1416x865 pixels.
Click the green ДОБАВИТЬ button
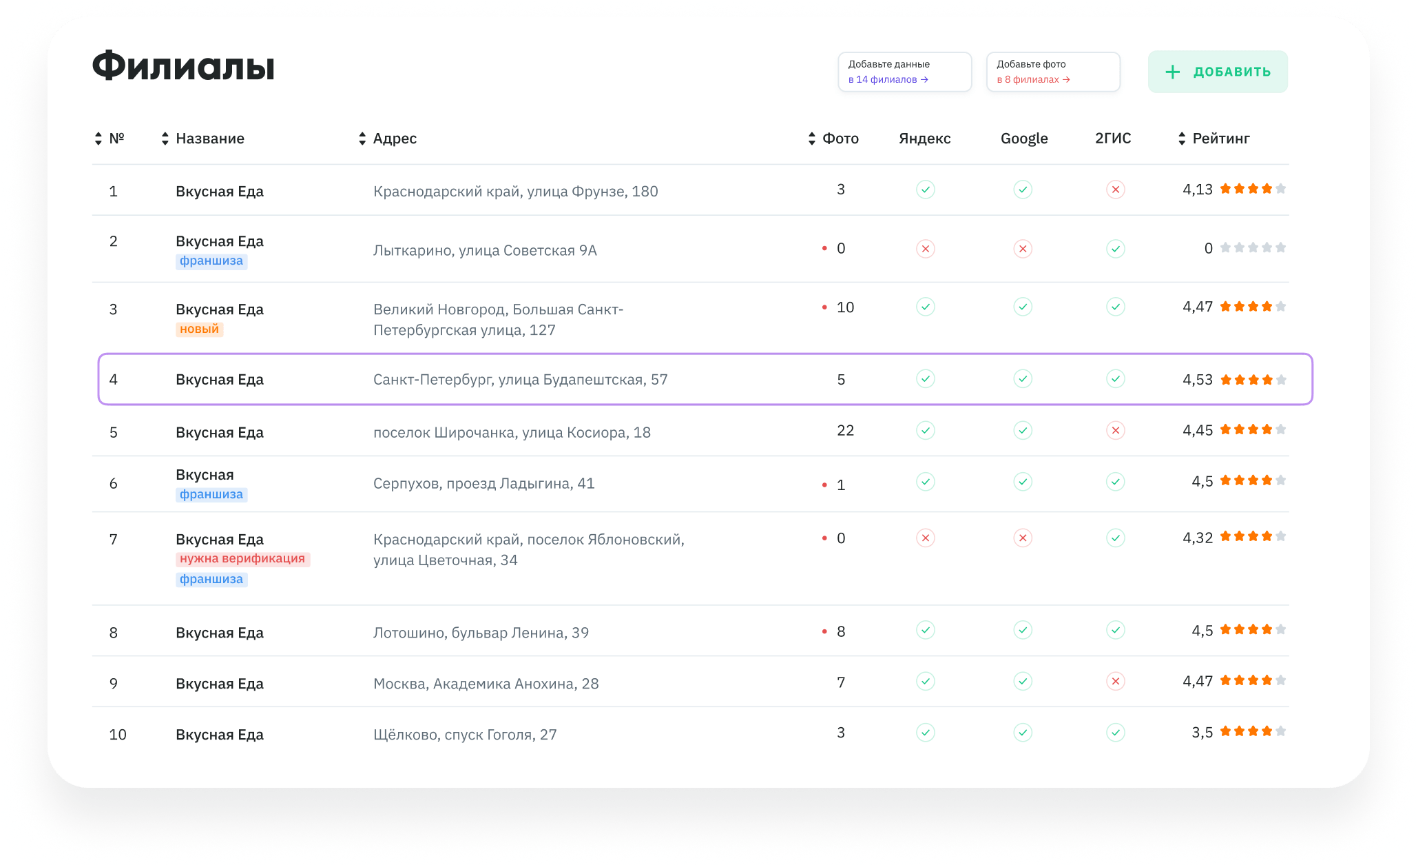pyautogui.click(x=1218, y=72)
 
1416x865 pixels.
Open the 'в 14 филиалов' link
pyautogui.click(x=888, y=80)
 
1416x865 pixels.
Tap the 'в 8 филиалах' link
pyautogui.click(x=1033, y=80)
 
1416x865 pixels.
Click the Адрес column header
pyautogui.click(x=395, y=139)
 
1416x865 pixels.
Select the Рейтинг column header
pyautogui.click(x=1221, y=139)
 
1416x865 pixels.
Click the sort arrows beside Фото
pyautogui.click(x=812, y=139)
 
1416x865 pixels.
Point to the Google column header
pyautogui.click(x=1024, y=139)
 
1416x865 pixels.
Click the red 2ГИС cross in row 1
pyautogui.click(x=1116, y=190)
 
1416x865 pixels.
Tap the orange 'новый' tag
pyautogui.click(x=200, y=329)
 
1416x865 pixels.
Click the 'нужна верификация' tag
pyautogui.click(x=242, y=559)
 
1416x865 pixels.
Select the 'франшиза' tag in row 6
pyautogui.click(x=211, y=495)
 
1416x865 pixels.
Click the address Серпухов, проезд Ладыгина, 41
pyautogui.click(x=483, y=484)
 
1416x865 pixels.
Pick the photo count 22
pyautogui.click(x=845, y=431)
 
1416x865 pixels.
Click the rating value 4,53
pyautogui.click(x=1198, y=380)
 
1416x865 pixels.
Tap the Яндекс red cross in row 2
pyautogui.click(x=926, y=249)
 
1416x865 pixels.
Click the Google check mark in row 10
pyautogui.click(x=1023, y=733)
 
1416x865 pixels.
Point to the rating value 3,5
pyautogui.click(x=1202, y=733)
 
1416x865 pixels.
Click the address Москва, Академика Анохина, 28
pyautogui.click(x=486, y=684)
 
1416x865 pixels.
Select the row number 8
pyautogui.click(x=114, y=633)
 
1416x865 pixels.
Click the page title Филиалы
pyautogui.click(x=183, y=66)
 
